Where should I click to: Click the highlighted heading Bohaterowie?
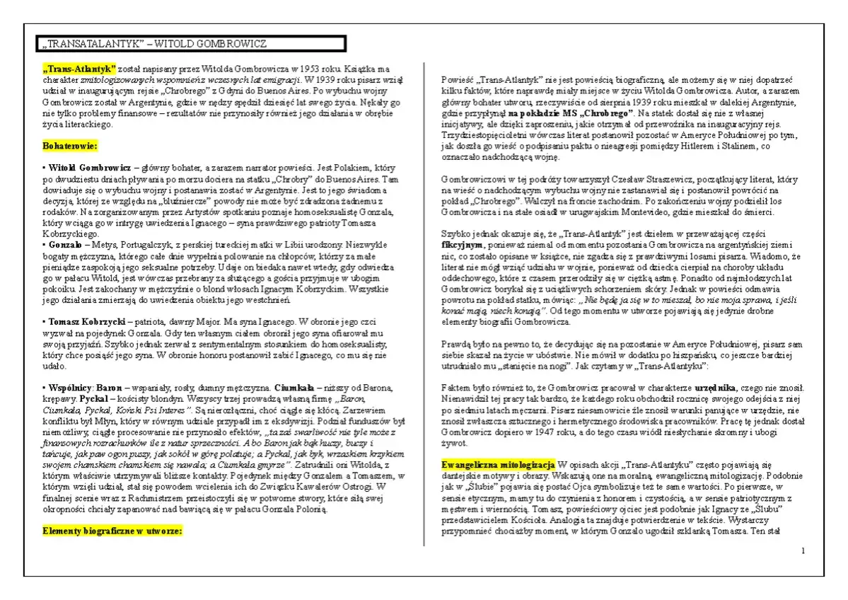70,146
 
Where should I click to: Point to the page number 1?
803,550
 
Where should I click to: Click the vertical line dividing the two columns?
424,304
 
